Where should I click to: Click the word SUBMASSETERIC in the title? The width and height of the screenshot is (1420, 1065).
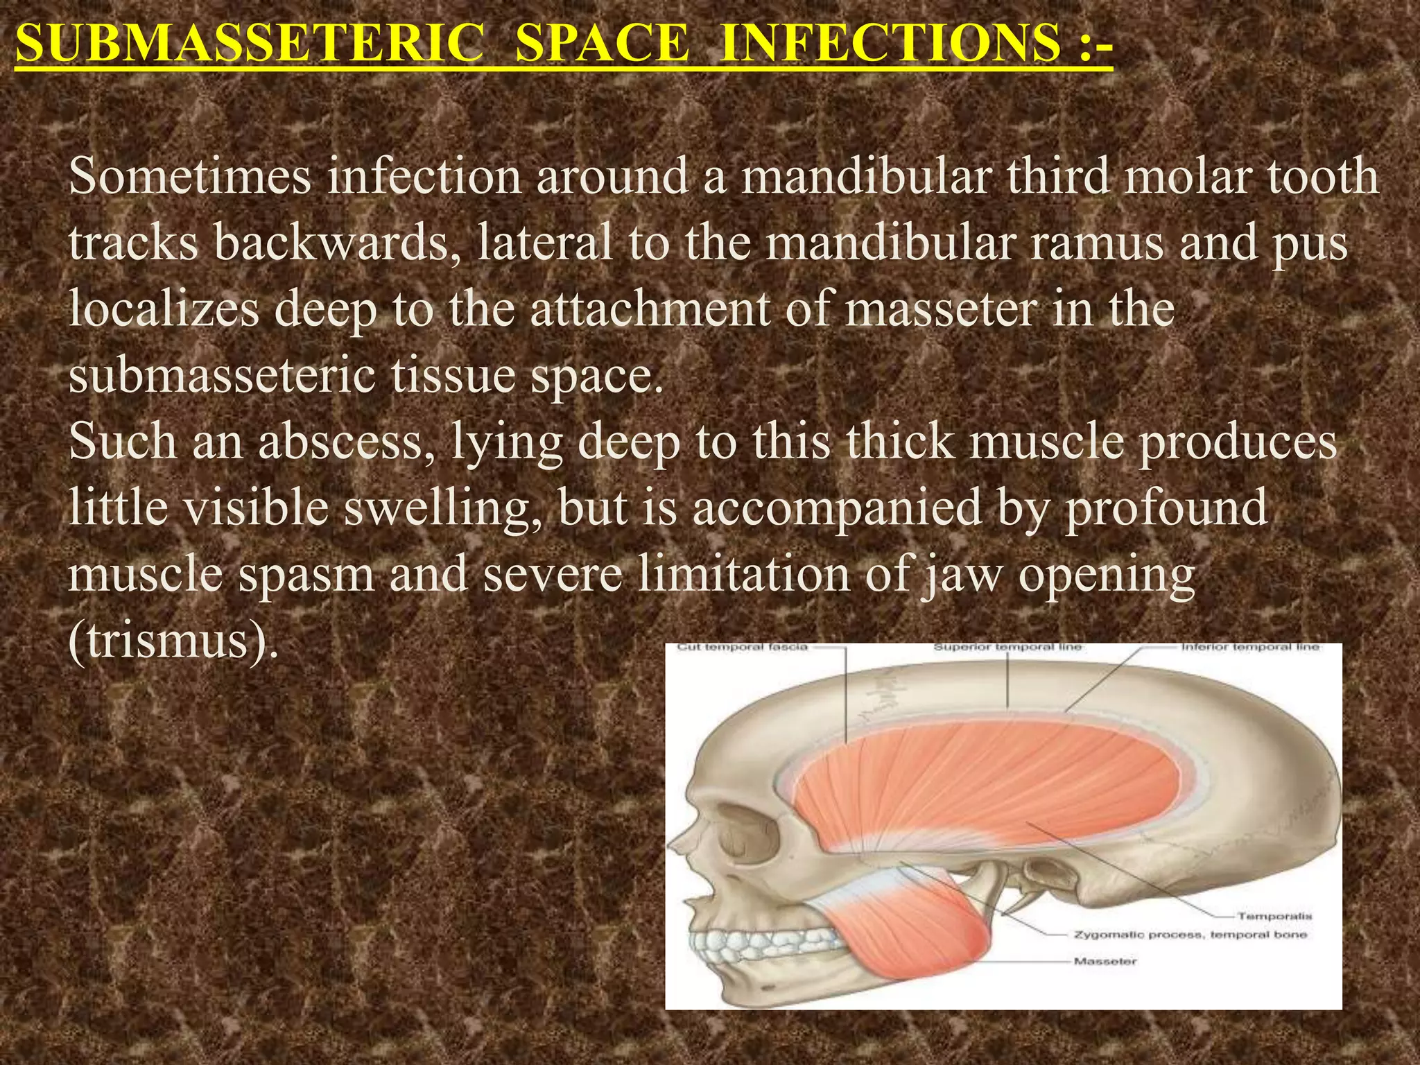tap(250, 43)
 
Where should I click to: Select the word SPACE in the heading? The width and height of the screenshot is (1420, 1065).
tap(603, 43)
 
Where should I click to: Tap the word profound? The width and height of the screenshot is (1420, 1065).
tap(1167, 508)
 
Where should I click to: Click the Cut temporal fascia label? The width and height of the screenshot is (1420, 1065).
tap(742, 648)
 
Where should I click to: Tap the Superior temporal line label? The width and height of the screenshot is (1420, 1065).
tap(1007, 648)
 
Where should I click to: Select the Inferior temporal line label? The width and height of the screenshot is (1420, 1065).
tap(1249, 648)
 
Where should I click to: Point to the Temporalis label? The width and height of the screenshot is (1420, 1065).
tap(1274, 916)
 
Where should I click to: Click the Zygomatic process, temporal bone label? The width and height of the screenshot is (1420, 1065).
tap(1190, 935)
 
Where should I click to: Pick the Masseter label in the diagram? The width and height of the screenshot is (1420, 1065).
tap(1105, 961)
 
